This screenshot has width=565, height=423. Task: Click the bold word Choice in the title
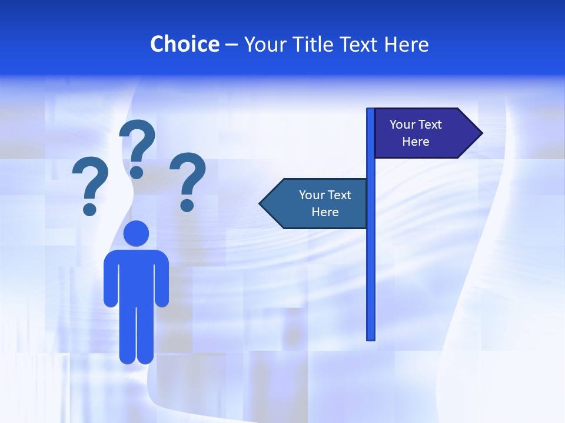tap(184, 44)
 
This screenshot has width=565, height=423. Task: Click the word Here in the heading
tap(406, 44)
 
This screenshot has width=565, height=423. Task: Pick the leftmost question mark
tap(89, 179)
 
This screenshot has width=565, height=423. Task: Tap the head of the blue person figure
tap(137, 233)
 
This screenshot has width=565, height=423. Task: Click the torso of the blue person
tap(137, 276)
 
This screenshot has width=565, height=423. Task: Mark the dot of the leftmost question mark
tap(89, 209)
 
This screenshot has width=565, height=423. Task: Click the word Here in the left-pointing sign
tap(325, 212)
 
